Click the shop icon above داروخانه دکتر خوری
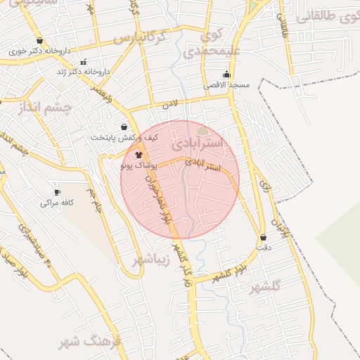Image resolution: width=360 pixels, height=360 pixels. coord(39,41)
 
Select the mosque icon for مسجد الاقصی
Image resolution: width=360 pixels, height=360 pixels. coord(226,74)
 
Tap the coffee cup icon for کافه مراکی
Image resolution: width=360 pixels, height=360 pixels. coord(58,192)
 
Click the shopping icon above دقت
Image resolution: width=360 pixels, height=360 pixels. coord(264,238)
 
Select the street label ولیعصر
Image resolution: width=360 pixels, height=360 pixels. coord(103,92)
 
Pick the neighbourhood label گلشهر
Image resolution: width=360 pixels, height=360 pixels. coord(265,287)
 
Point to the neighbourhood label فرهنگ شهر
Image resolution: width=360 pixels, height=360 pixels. coord(92,342)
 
